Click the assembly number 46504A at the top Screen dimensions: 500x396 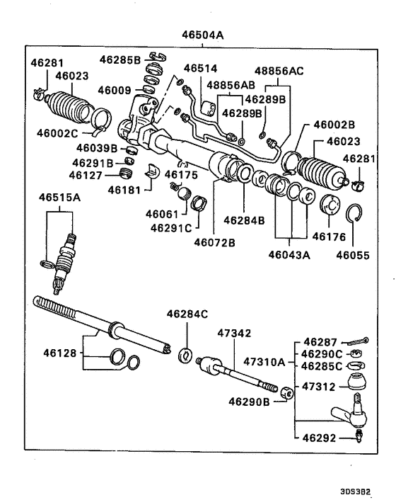click(x=203, y=33)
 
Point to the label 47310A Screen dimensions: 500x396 click(x=264, y=361)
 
